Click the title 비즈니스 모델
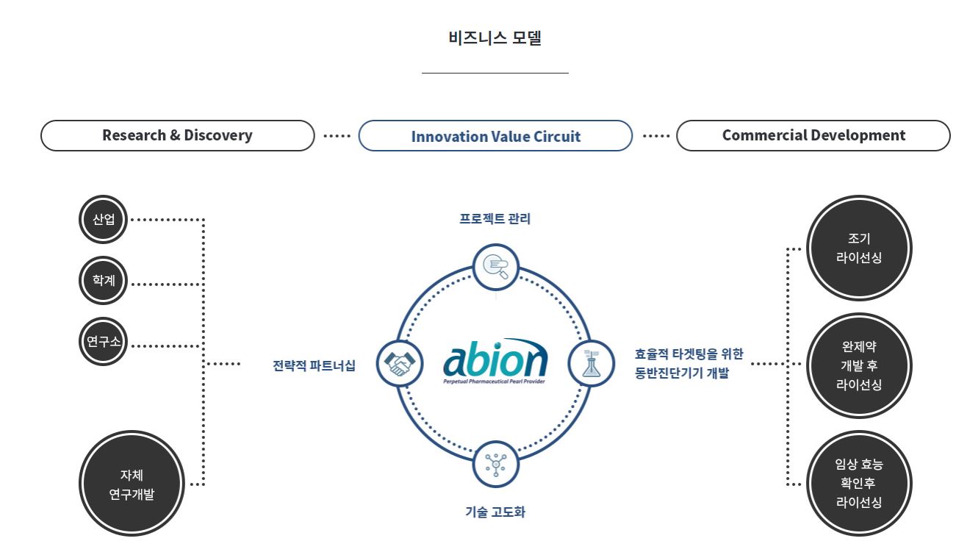495,38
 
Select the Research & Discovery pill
177,135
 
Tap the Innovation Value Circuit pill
495,136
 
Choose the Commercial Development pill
813,135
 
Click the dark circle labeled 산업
104,219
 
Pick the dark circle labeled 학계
104,281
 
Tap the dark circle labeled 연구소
104,341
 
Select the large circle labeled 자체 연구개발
132,484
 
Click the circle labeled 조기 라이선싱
859,248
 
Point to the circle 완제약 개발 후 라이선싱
859,365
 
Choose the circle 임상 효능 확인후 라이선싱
859,483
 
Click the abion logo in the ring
495,361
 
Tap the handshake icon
400,364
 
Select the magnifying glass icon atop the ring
495,266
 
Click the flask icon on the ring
591,364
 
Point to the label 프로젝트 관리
495,219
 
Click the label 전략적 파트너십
314,365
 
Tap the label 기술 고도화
495,512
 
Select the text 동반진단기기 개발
682,373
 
